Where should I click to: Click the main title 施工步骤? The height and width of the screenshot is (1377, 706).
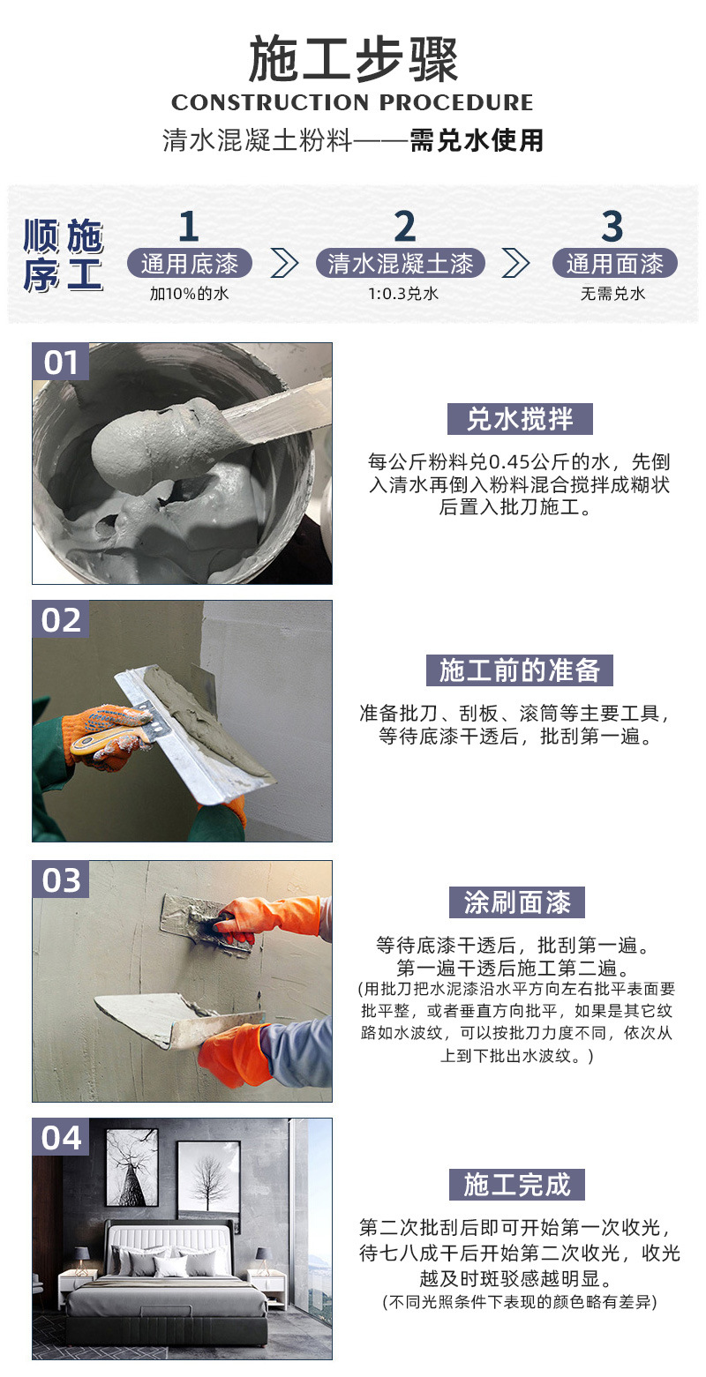pyautogui.click(x=353, y=60)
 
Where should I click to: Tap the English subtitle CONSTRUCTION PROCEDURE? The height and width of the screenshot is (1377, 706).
pyautogui.click(x=353, y=102)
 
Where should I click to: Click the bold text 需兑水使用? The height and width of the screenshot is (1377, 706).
pyautogui.click(x=477, y=140)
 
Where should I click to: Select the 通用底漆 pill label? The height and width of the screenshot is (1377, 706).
pyautogui.click(x=189, y=263)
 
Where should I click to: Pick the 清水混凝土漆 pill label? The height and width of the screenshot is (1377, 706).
pyautogui.click(x=401, y=263)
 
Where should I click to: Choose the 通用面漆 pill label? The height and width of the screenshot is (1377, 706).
pyautogui.click(x=614, y=263)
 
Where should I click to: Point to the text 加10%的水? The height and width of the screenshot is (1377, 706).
pyautogui.click(x=189, y=294)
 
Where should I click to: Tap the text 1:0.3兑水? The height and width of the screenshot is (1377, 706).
pyautogui.click(x=402, y=294)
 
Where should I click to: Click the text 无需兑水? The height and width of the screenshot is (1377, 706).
pyautogui.click(x=613, y=294)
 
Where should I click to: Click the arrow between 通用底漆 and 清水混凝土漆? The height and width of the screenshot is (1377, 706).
pyautogui.click(x=283, y=263)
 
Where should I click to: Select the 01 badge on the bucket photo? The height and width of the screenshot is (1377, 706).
pyautogui.click(x=61, y=363)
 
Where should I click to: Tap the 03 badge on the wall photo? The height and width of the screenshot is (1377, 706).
pyautogui.click(x=61, y=879)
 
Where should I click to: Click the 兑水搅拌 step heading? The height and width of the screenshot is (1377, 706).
pyautogui.click(x=518, y=419)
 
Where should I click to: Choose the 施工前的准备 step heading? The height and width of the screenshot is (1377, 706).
pyautogui.click(x=518, y=670)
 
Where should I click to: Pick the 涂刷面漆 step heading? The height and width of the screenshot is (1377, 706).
pyautogui.click(x=518, y=902)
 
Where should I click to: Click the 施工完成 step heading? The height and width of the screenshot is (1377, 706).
pyautogui.click(x=518, y=1185)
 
